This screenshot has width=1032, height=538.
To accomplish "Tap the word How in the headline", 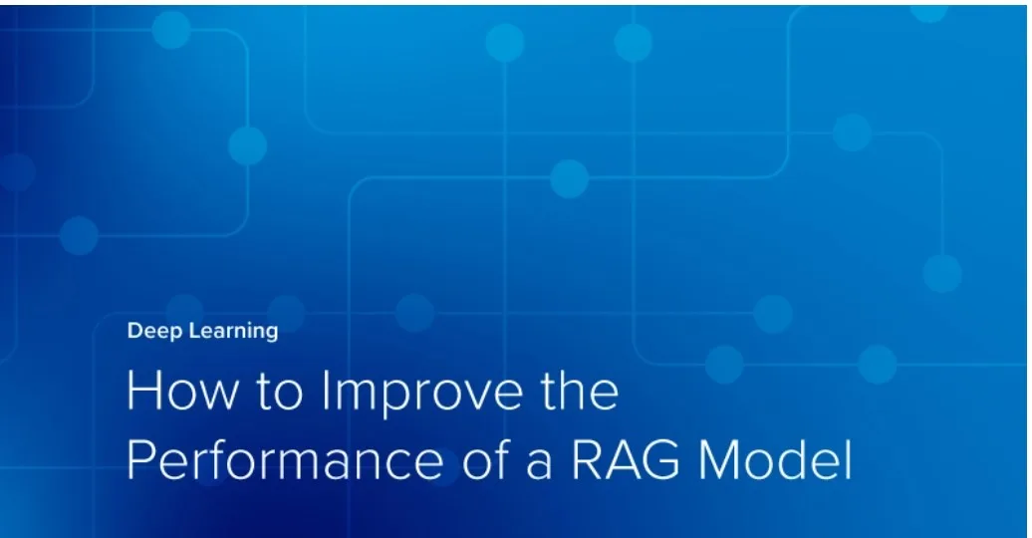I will tap(178, 392).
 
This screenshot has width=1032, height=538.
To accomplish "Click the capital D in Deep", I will tap(134, 332).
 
